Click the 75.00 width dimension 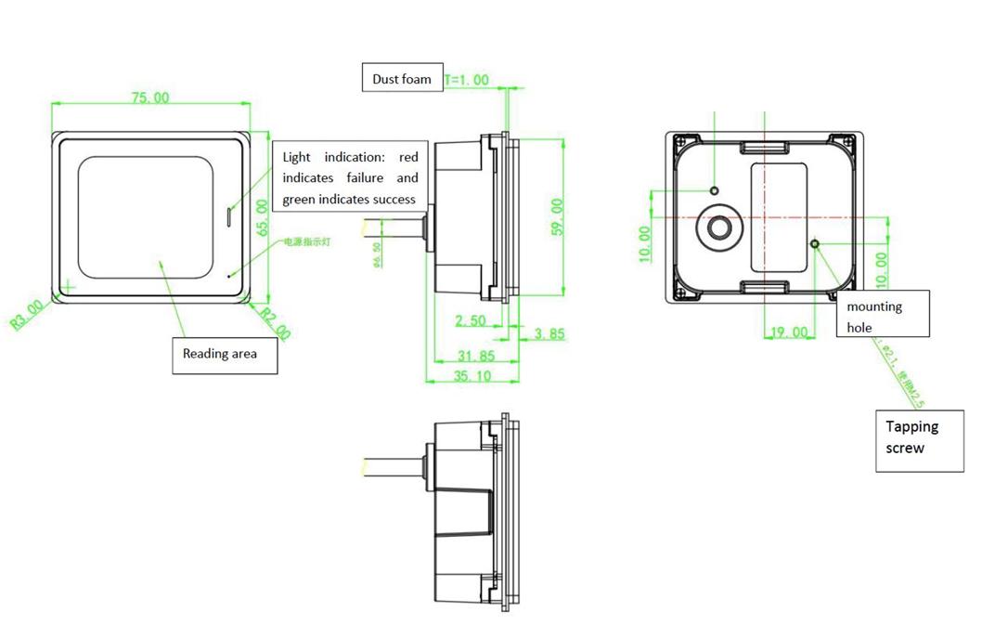point(149,98)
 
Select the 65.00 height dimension point(262,218)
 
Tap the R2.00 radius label point(275,322)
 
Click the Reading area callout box point(225,354)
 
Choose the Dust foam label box point(402,79)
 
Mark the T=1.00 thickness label point(467,80)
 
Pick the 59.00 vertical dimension point(557,216)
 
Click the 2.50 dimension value point(471,320)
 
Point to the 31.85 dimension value point(476,356)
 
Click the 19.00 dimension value point(789,332)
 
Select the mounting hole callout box point(885,316)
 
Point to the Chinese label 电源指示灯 point(306,241)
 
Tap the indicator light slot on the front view point(228,216)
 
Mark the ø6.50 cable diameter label point(377,253)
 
